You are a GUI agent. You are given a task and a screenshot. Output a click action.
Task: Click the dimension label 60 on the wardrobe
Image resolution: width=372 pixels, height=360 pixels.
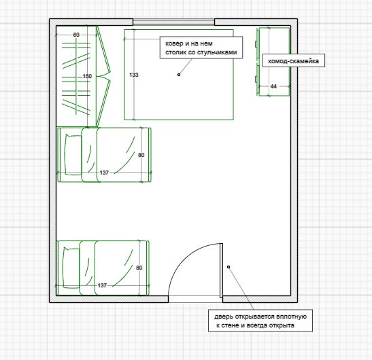76,35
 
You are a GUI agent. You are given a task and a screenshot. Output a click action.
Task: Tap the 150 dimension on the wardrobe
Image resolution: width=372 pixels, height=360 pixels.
87,76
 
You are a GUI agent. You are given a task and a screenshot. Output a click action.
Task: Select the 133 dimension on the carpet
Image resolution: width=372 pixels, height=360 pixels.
134,75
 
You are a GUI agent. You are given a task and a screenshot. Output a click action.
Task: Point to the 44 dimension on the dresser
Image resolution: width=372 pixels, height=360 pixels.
273,86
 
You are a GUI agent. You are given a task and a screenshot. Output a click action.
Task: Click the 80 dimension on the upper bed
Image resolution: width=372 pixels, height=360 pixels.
141,155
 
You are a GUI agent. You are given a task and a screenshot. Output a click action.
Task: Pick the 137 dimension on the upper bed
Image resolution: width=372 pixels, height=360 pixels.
104,173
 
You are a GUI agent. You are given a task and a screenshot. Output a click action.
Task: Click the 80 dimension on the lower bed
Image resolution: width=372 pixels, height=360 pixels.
139,268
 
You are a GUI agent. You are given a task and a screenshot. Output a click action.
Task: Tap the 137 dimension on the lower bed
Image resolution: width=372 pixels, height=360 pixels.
102,285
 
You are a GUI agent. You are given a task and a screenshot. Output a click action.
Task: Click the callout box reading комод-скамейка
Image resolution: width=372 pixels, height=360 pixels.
294,61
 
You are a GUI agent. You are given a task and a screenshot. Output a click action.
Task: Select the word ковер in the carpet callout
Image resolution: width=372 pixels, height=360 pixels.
174,43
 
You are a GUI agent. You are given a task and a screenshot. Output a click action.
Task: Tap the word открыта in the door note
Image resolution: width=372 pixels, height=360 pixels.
282,325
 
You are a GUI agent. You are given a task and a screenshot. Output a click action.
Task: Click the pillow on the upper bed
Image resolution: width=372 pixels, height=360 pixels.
73,155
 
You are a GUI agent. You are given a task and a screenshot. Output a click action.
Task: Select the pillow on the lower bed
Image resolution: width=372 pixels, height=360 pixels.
71,268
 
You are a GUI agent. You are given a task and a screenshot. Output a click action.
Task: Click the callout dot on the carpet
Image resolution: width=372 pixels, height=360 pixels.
179,75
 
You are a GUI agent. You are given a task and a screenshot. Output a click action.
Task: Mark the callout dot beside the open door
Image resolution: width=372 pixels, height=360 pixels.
229,267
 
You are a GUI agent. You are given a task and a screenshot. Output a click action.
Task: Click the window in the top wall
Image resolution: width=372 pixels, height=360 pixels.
173,22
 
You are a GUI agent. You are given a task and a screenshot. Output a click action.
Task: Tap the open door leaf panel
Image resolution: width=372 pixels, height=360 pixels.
221,270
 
